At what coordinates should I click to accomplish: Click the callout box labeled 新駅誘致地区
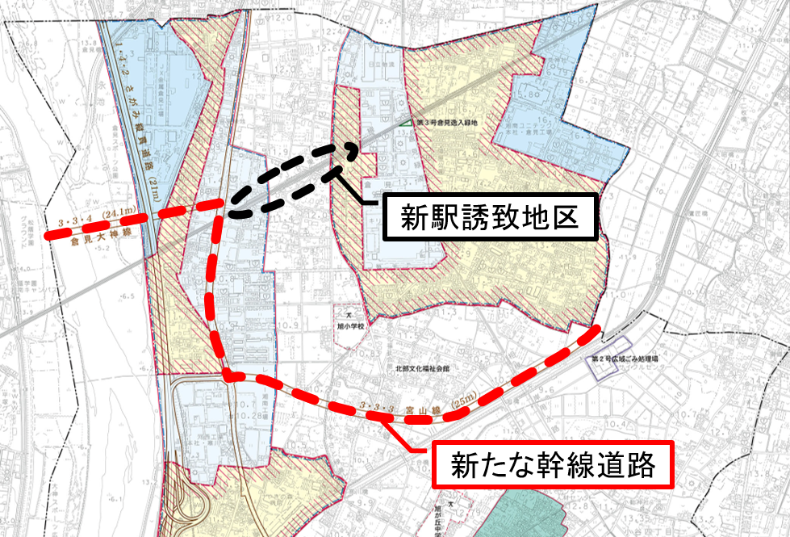[x=491, y=216]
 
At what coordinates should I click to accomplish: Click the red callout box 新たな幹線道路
[x=552, y=464]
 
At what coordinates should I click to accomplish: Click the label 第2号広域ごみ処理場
[x=625, y=358]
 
